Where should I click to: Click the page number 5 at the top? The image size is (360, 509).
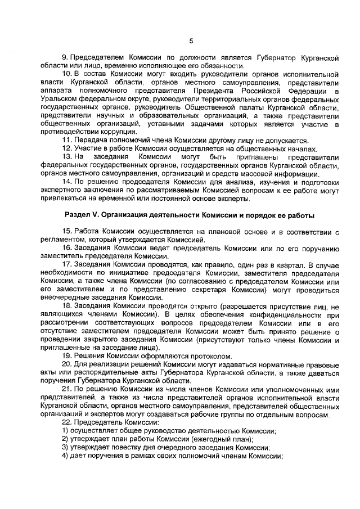click(x=191, y=41)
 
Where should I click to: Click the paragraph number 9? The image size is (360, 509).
click(x=64, y=58)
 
